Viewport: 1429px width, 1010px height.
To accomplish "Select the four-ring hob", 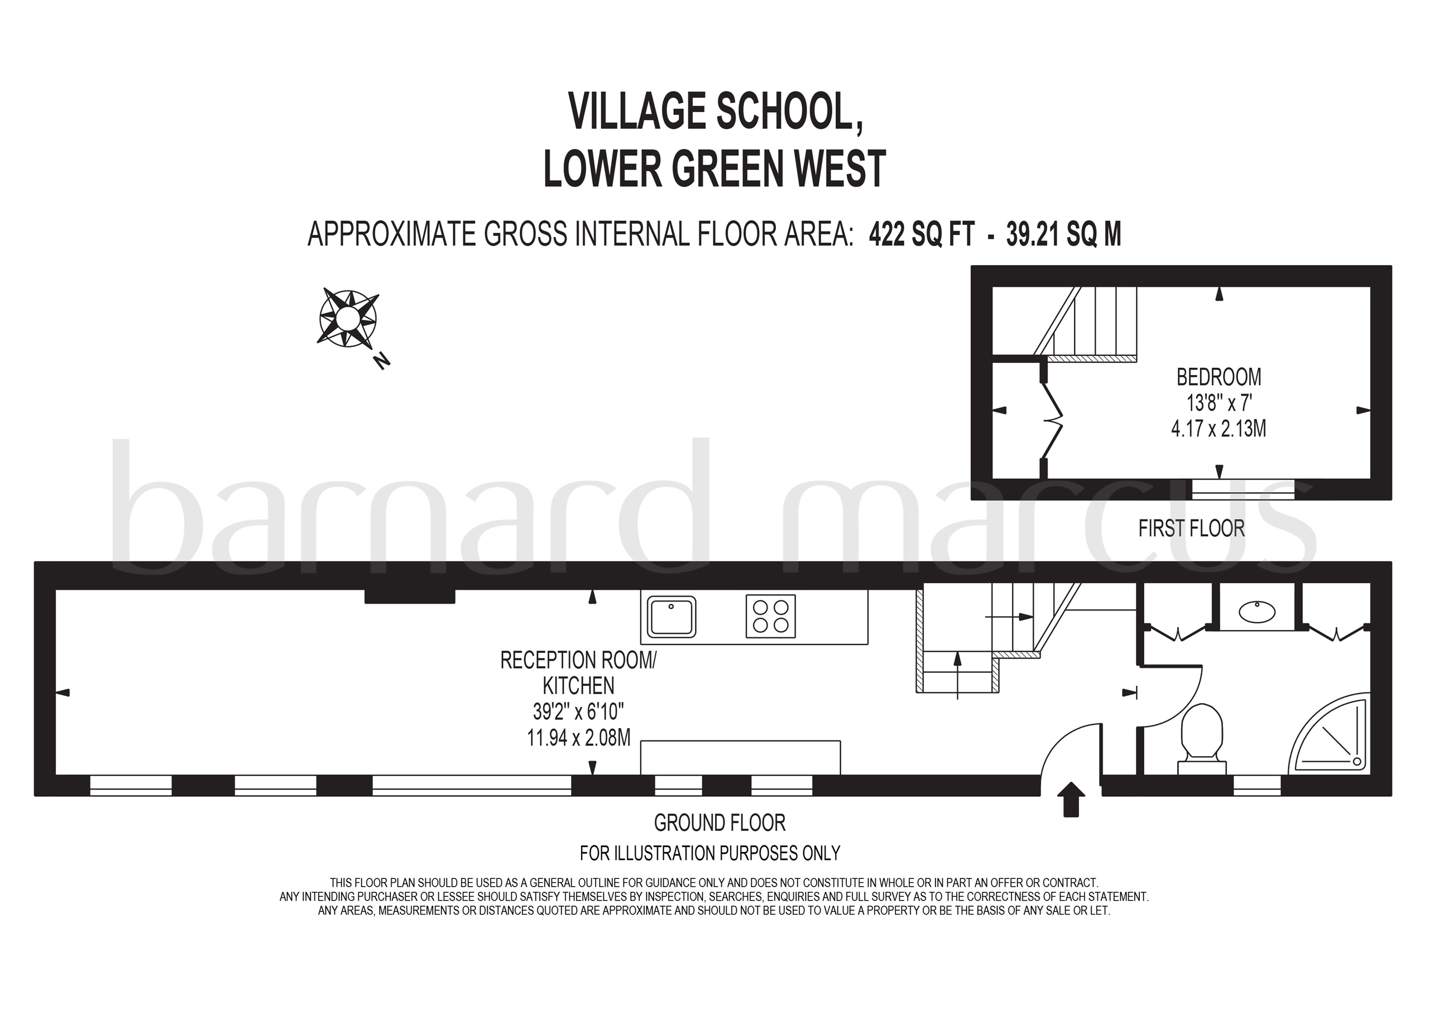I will coord(770,616).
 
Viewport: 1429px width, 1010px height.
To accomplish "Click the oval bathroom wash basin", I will coord(1257,612).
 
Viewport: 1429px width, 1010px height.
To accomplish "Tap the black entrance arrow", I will coord(1071,799).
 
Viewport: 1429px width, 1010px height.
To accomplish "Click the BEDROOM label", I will coord(1219,377).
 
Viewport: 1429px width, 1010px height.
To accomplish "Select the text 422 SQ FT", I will coord(921,234).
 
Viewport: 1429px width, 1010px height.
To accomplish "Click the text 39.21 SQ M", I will coord(1064,234).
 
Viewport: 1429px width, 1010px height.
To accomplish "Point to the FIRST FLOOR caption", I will coord(1191,528).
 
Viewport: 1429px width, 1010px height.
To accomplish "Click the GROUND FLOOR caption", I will coord(720,823).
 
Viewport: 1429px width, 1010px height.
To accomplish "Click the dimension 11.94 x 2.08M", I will coord(578,738).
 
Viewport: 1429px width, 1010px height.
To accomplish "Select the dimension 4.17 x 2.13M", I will coord(1219,429).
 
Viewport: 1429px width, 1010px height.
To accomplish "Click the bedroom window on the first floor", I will coord(1243,489).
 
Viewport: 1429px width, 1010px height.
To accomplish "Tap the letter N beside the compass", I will coord(381,361).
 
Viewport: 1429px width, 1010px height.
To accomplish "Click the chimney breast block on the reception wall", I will coord(410,596).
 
